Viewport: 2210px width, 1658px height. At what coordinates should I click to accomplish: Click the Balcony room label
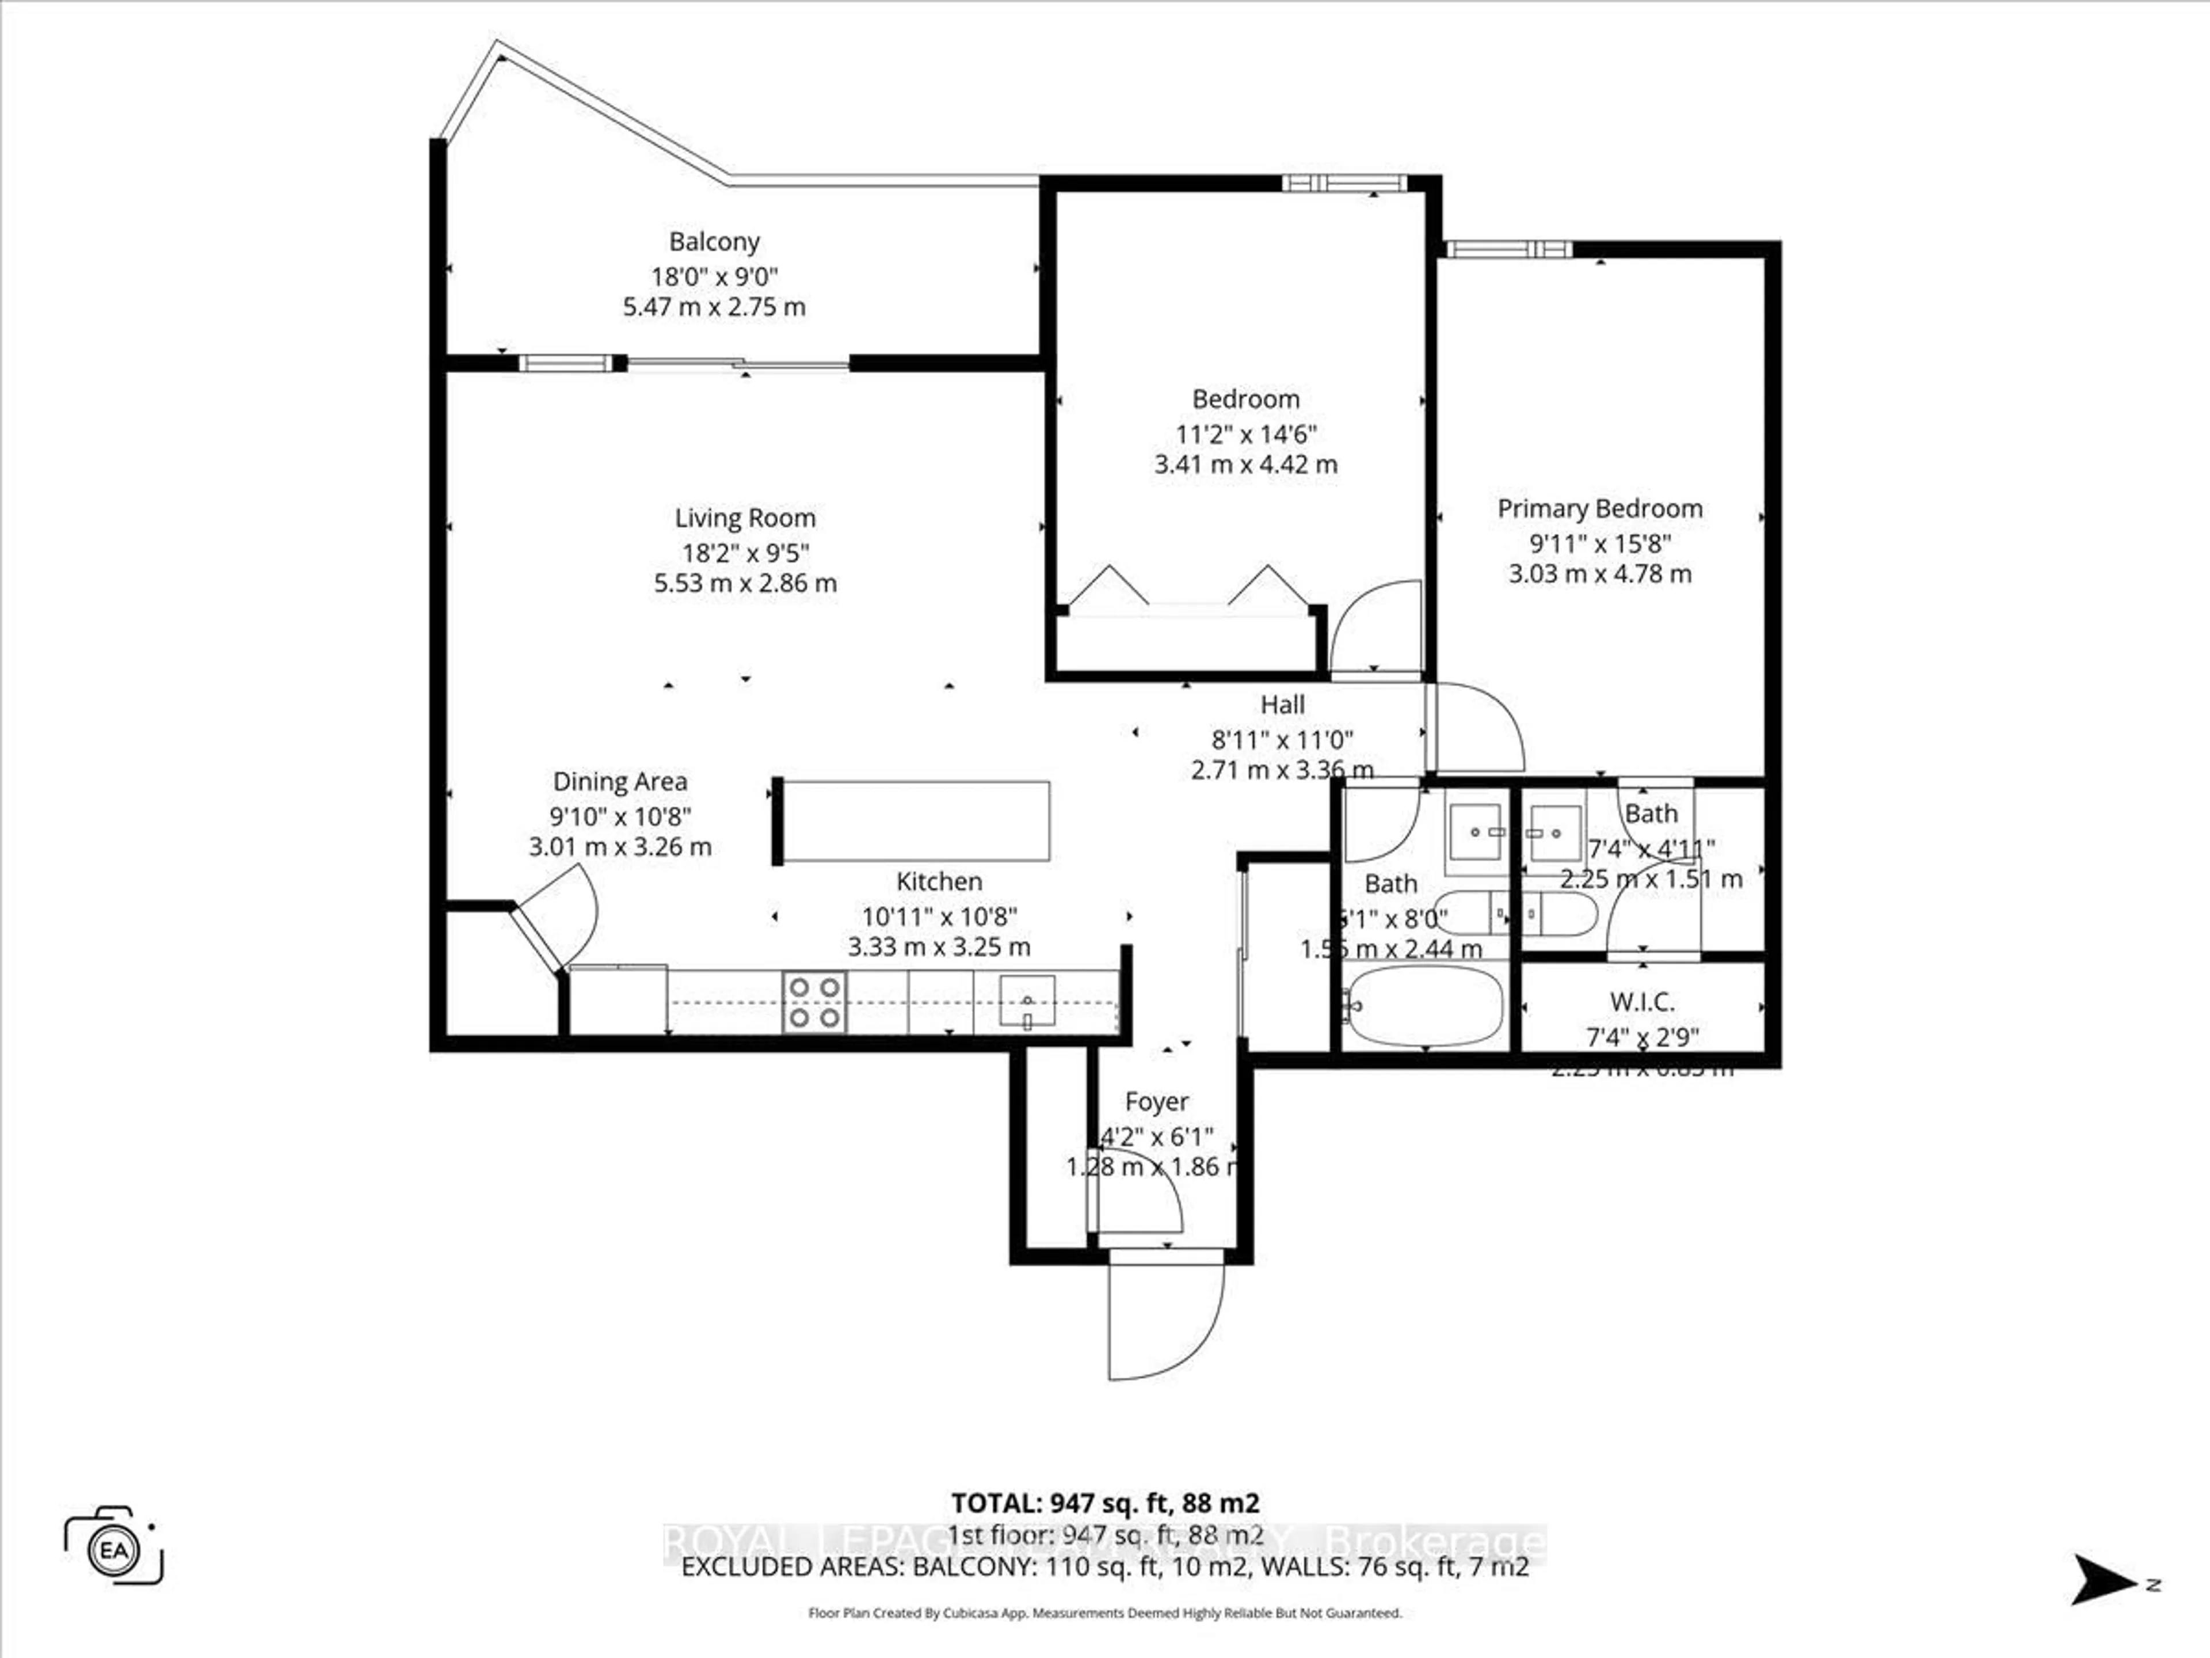pos(714,242)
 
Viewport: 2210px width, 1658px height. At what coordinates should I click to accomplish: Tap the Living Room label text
pos(744,518)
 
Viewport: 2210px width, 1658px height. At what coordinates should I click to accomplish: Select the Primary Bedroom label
pos(1599,509)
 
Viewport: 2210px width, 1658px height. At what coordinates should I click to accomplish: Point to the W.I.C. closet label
pos(1641,1001)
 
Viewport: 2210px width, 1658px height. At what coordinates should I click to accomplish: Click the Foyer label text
pos(1156,1101)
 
